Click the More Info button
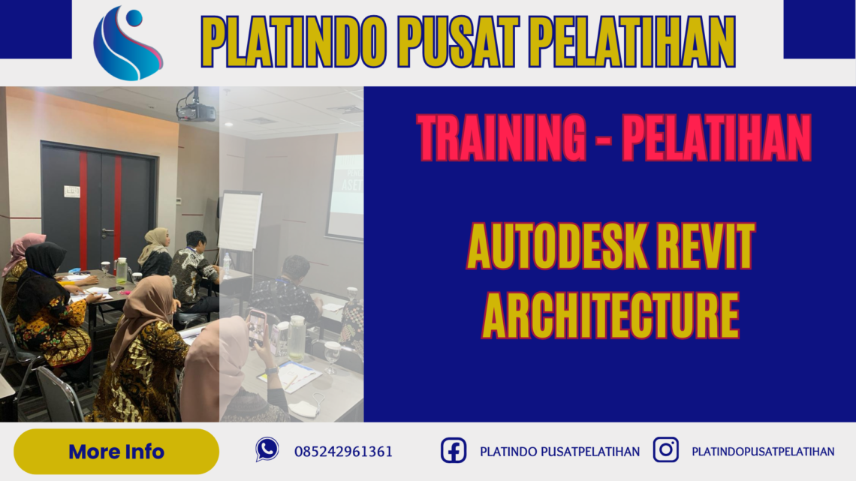(x=116, y=452)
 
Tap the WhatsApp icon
(x=267, y=449)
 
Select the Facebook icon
(x=453, y=450)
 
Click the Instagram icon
(x=665, y=449)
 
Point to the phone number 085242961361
(x=343, y=452)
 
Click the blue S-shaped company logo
(x=127, y=43)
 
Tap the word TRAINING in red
(x=502, y=139)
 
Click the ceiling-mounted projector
(x=195, y=111)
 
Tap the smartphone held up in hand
(x=258, y=325)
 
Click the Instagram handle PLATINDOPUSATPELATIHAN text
(x=763, y=452)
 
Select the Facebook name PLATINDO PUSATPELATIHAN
(x=559, y=452)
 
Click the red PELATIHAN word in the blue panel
(x=716, y=139)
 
